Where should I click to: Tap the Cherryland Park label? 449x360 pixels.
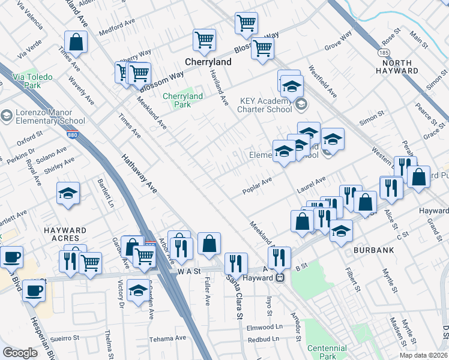click(x=183, y=100)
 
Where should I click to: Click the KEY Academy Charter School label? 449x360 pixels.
click(x=265, y=105)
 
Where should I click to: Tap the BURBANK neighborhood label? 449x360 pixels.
click(x=373, y=248)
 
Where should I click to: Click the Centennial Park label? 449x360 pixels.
click(x=327, y=352)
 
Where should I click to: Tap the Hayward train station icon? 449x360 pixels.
click(x=280, y=278)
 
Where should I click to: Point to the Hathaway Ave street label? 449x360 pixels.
click(x=139, y=173)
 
